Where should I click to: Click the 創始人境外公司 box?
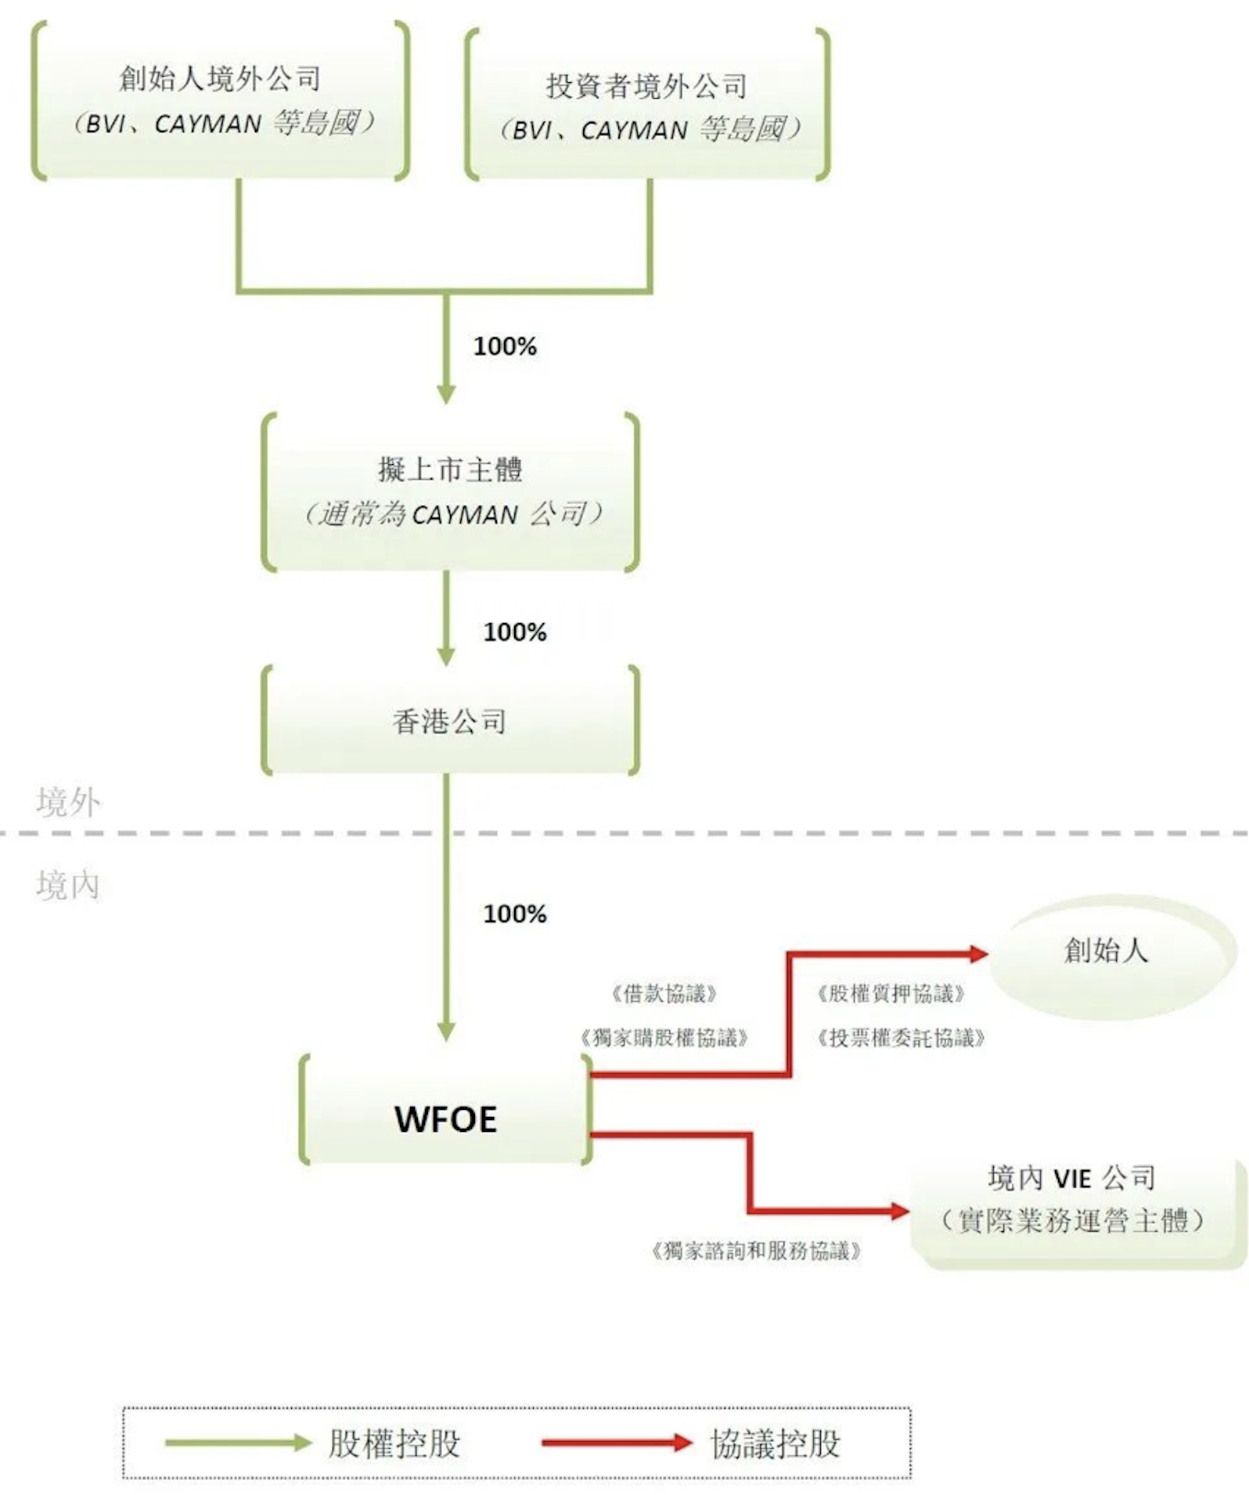[221, 100]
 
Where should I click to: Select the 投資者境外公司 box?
[647, 106]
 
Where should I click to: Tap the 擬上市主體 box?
[450, 491]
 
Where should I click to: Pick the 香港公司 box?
[450, 720]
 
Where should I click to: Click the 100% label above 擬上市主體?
[505, 346]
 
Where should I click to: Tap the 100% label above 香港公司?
[515, 632]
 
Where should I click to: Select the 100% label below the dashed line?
[515, 913]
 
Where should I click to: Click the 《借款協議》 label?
[664, 993]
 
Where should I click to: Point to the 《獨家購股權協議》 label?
[664, 1038]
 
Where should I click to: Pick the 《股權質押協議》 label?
[891, 993]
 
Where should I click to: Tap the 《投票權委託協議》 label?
[901, 1038]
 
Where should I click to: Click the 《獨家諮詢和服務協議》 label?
[756, 1251]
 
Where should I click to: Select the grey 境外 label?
[68, 802]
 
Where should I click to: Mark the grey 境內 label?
[68, 885]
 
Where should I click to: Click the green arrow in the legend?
[238, 1443]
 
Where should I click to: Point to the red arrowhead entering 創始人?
[977, 953]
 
